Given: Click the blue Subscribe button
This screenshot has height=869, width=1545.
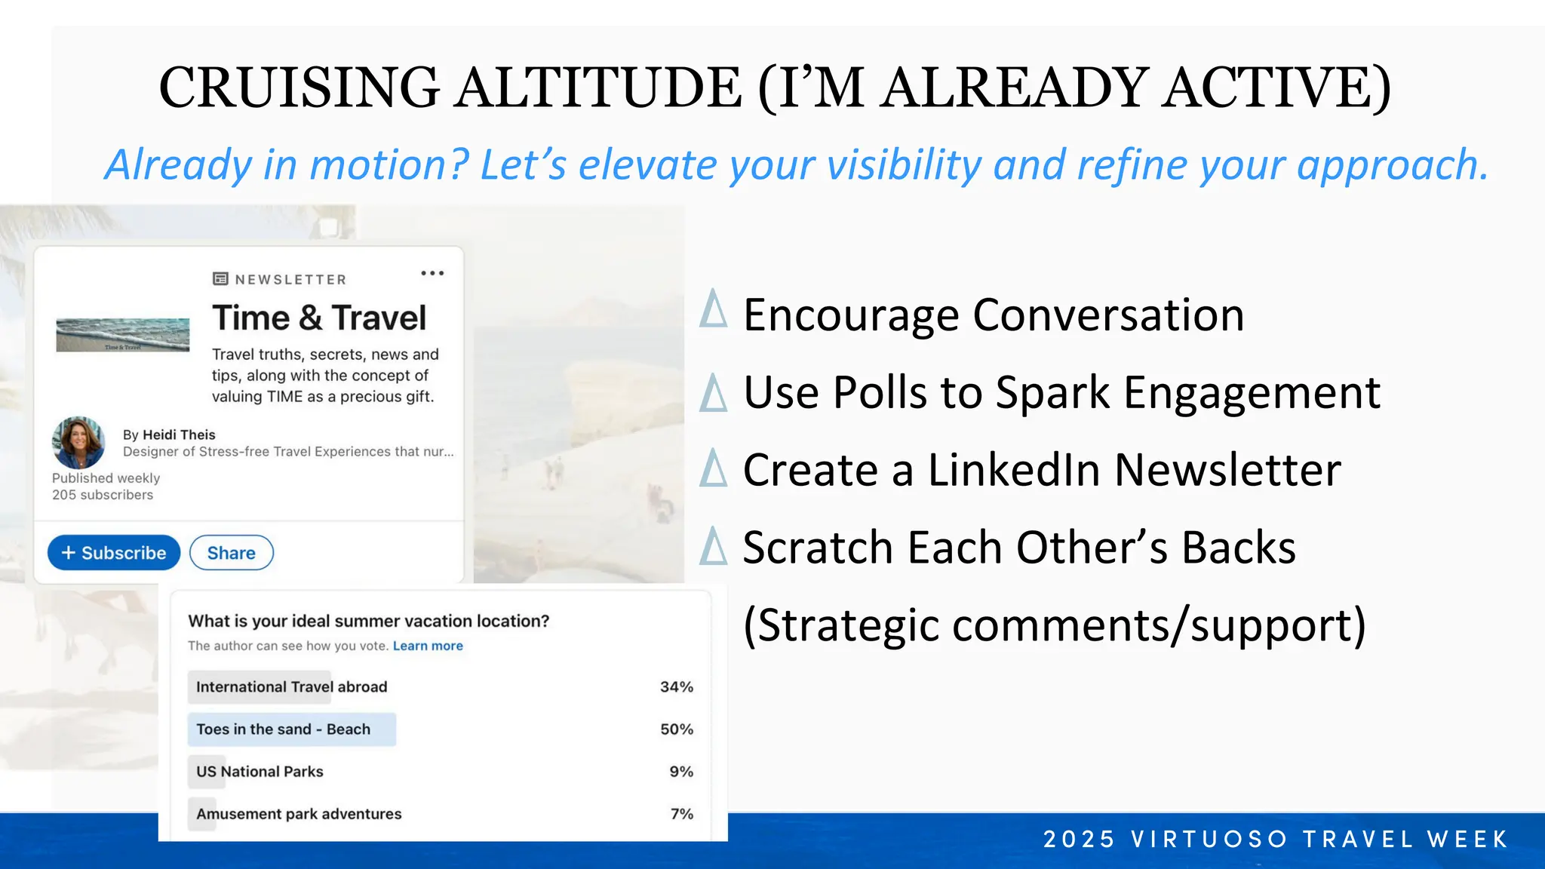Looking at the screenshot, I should (x=114, y=553).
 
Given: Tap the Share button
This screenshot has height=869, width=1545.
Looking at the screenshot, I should (x=231, y=553).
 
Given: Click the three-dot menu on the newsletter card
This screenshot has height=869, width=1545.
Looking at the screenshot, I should (x=432, y=273).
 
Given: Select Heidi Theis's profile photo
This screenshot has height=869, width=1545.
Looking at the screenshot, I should (x=78, y=443).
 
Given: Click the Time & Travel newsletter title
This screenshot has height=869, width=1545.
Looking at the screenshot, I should (x=319, y=318).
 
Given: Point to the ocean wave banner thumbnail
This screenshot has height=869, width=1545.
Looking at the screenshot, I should (x=123, y=335).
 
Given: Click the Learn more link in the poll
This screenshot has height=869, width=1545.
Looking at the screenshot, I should (x=428, y=646).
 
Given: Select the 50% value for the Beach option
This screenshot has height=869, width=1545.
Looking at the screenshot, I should (x=676, y=729).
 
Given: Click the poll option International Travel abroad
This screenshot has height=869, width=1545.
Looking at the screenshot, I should (x=291, y=687).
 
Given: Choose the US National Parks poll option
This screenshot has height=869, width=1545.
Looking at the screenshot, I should (x=260, y=772).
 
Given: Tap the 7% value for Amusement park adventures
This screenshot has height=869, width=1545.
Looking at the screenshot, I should (x=681, y=814).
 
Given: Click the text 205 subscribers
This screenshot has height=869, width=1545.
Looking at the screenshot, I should (x=103, y=495).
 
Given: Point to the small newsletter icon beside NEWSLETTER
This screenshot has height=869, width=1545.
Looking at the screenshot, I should (x=220, y=279).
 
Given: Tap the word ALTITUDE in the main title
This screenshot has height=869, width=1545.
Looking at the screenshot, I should (x=600, y=88).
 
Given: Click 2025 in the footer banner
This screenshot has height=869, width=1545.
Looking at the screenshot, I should (x=1079, y=839).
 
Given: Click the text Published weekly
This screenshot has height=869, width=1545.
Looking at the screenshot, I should (x=106, y=478).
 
